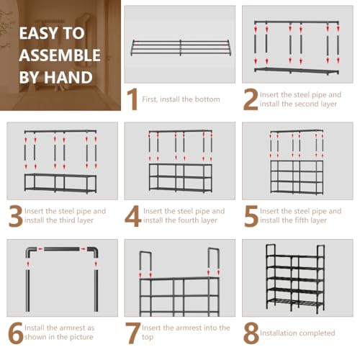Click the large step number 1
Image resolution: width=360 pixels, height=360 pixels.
(132, 99)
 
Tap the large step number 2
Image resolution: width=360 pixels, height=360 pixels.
(251, 99)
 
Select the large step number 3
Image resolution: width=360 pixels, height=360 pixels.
(16, 216)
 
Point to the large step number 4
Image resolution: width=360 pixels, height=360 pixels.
(133, 216)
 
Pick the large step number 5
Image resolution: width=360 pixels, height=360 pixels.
(251, 216)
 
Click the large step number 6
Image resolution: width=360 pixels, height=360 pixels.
(16, 333)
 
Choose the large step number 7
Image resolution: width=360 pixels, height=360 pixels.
(133, 333)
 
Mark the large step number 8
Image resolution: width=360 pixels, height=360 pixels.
(251, 333)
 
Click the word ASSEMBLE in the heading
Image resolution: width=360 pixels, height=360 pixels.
(60, 55)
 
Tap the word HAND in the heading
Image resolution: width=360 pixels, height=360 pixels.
(68, 77)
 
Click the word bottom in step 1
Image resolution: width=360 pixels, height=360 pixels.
(207, 99)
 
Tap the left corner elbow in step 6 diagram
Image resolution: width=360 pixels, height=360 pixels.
(30, 251)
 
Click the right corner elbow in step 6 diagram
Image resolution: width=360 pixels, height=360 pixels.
(94, 251)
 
